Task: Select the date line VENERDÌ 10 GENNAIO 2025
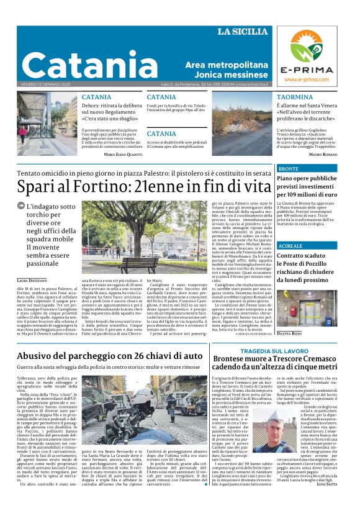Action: pos(46,84)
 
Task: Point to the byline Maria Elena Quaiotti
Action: pos(123,154)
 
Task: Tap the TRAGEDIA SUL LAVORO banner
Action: pos(271,351)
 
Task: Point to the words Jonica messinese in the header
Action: pos(225,75)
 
